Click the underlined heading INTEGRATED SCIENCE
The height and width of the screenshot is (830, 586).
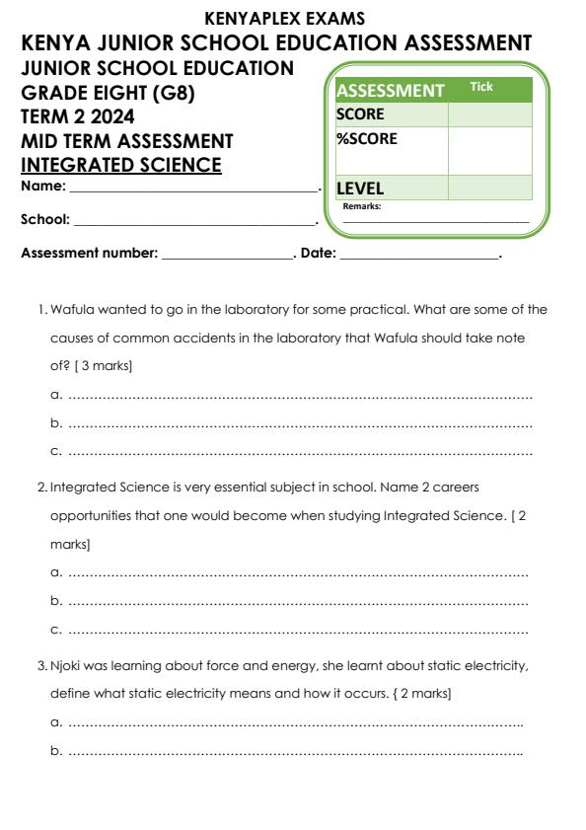click(120, 164)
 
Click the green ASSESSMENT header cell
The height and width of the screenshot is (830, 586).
click(391, 91)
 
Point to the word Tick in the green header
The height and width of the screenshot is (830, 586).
click(481, 88)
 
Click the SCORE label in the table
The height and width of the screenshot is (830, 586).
click(361, 114)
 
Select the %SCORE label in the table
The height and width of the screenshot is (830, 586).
click(367, 139)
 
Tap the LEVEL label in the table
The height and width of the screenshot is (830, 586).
click(360, 188)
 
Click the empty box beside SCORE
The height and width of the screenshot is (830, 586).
click(489, 114)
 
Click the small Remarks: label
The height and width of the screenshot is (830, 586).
click(361, 206)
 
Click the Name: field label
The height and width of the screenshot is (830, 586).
click(43, 186)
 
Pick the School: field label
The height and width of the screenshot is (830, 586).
click(45, 219)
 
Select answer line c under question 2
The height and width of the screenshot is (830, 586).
click(290, 629)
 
